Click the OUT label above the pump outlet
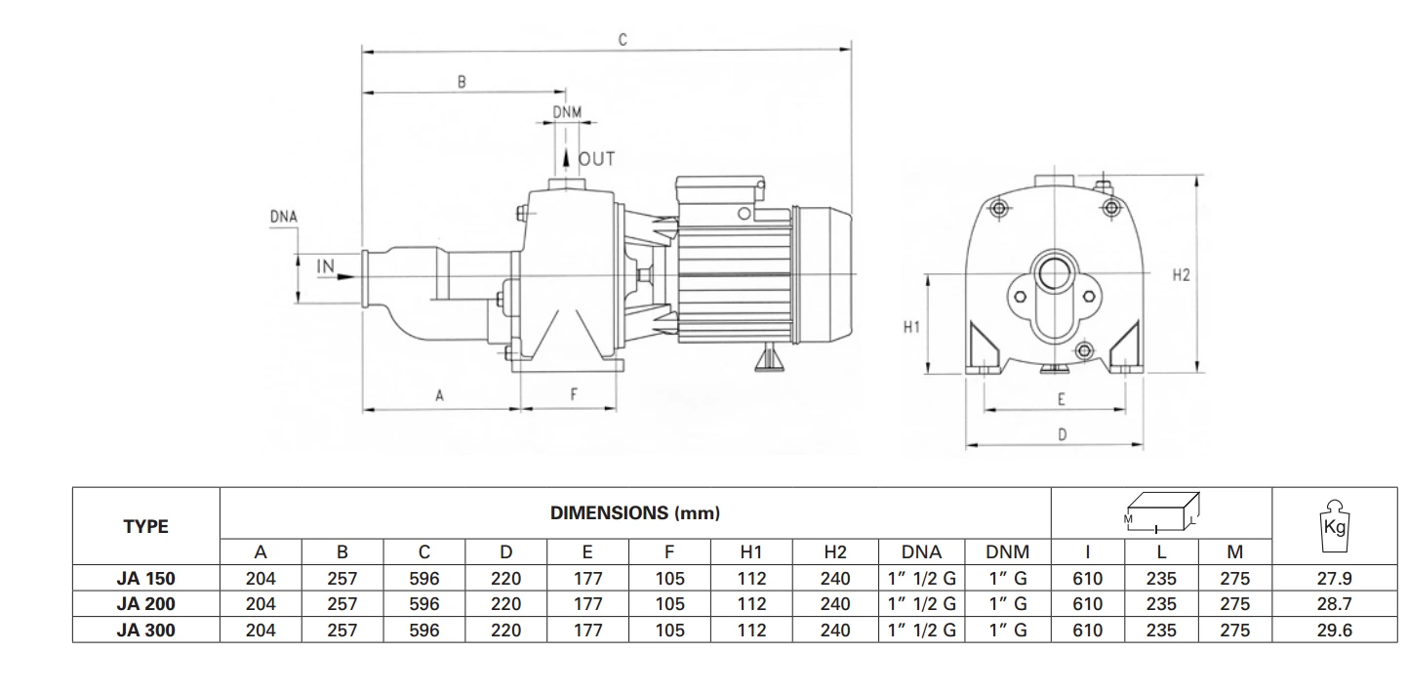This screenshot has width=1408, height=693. (596, 158)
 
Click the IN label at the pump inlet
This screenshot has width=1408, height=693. (325, 265)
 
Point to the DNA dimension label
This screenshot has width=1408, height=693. (283, 217)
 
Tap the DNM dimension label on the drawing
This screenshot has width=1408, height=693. (567, 112)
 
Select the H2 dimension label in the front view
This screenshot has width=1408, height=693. (1181, 275)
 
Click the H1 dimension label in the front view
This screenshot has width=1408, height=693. (911, 327)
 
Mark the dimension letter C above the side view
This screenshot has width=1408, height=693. (623, 40)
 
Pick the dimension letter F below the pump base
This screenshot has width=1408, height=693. (574, 394)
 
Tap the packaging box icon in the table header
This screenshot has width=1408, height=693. (1161, 511)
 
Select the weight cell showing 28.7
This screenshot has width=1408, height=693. (1334, 604)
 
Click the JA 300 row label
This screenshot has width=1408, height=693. (146, 631)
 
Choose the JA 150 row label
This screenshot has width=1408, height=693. (146, 578)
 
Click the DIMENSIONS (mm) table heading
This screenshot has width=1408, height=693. (635, 513)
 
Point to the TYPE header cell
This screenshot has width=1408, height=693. (146, 526)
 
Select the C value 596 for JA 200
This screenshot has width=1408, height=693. (424, 604)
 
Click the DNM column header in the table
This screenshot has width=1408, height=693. (1007, 551)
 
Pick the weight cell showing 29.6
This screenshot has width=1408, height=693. (1334, 631)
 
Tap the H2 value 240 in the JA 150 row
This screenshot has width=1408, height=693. (835, 578)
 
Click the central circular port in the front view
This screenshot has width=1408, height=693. (1055, 273)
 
